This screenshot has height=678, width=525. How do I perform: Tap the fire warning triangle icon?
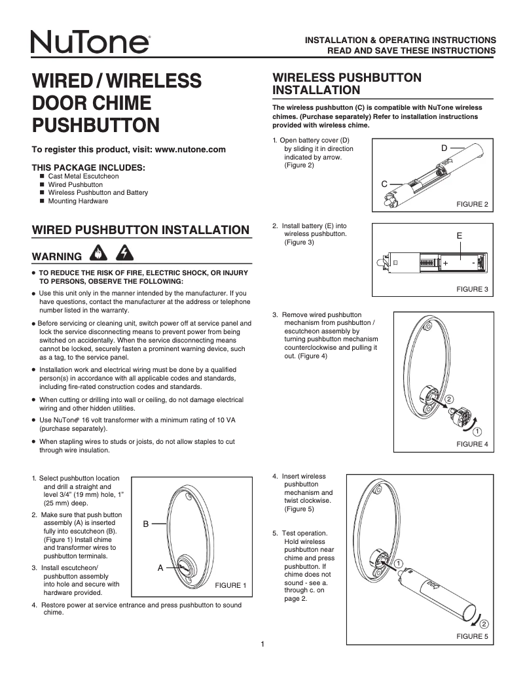[97, 254]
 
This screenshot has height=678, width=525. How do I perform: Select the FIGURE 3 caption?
[472, 288]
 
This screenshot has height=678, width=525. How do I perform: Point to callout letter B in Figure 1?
[147, 523]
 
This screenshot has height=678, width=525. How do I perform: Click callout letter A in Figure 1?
[160, 568]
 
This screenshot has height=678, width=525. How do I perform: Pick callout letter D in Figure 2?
[444, 148]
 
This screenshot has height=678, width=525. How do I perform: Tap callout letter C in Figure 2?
[385, 184]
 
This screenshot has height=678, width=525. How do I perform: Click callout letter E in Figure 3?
[460, 235]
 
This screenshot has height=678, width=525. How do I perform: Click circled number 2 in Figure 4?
[449, 399]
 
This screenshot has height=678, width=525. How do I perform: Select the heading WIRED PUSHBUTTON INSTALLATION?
[141, 229]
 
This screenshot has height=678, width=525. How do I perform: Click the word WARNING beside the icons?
[56, 254]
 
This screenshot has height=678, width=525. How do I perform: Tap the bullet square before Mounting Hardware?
[42, 201]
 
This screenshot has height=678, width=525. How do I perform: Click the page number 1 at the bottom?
[262, 645]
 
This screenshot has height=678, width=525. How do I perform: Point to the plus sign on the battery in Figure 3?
[445, 263]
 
